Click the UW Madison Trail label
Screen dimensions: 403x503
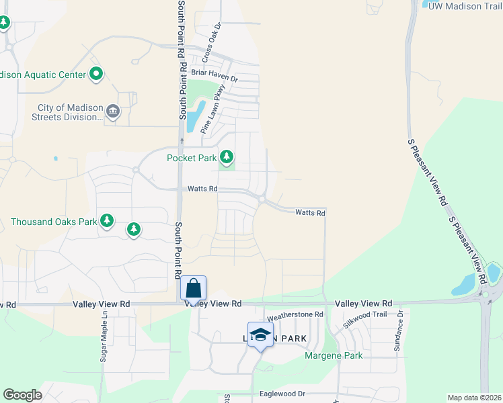point(465,5)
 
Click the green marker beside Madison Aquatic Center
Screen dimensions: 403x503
point(96,74)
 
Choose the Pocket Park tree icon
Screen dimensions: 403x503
point(227,157)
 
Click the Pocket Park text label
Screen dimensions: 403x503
point(192,158)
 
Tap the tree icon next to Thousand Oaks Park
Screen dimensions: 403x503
point(106,220)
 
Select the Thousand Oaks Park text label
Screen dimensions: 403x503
point(54,221)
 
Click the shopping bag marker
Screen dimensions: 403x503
point(193,289)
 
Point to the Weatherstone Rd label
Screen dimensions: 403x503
point(295,314)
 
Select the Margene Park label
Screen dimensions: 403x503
point(334,355)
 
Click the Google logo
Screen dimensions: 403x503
point(22,395)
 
